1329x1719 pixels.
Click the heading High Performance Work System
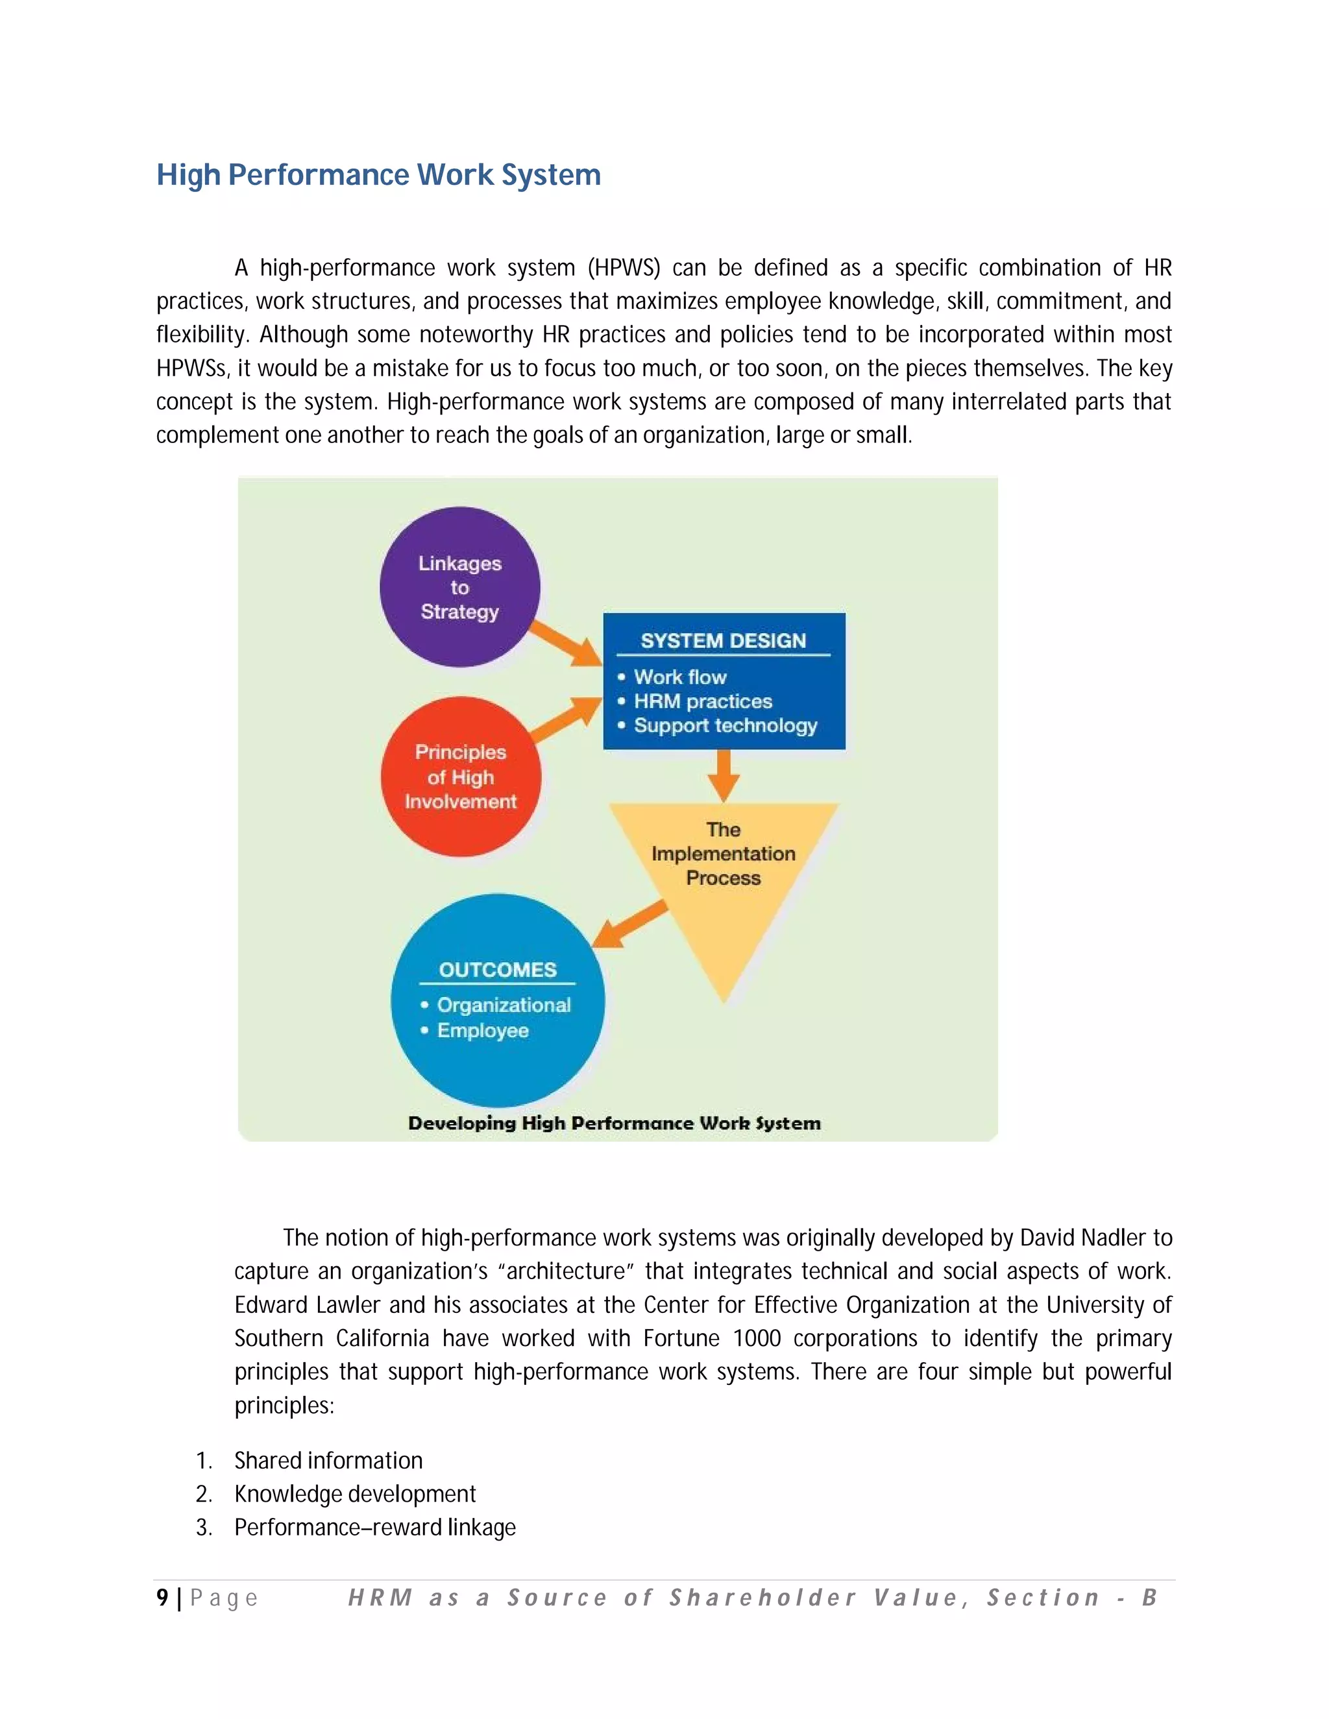coord(379,174)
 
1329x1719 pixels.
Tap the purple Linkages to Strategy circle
coord(460,587)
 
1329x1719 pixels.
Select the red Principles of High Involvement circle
coord(461,777)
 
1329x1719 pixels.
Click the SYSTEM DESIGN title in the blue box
coord(723,641)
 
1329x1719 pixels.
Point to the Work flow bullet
coord(679,677)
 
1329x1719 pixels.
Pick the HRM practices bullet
coord(702,701)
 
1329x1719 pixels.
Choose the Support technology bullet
coord(725,726)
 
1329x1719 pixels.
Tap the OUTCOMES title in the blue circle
coord(498,970)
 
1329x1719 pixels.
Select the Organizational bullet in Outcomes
coord(503,1005)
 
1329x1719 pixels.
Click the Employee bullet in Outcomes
coord(483,1030)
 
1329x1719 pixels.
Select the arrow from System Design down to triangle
coord(724,775)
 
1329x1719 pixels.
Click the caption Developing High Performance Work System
coord(614,1123)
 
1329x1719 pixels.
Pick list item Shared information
coord(328,1461)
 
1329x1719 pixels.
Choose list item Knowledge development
coord(355,1494)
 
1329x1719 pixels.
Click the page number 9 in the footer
coord(162,1598)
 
